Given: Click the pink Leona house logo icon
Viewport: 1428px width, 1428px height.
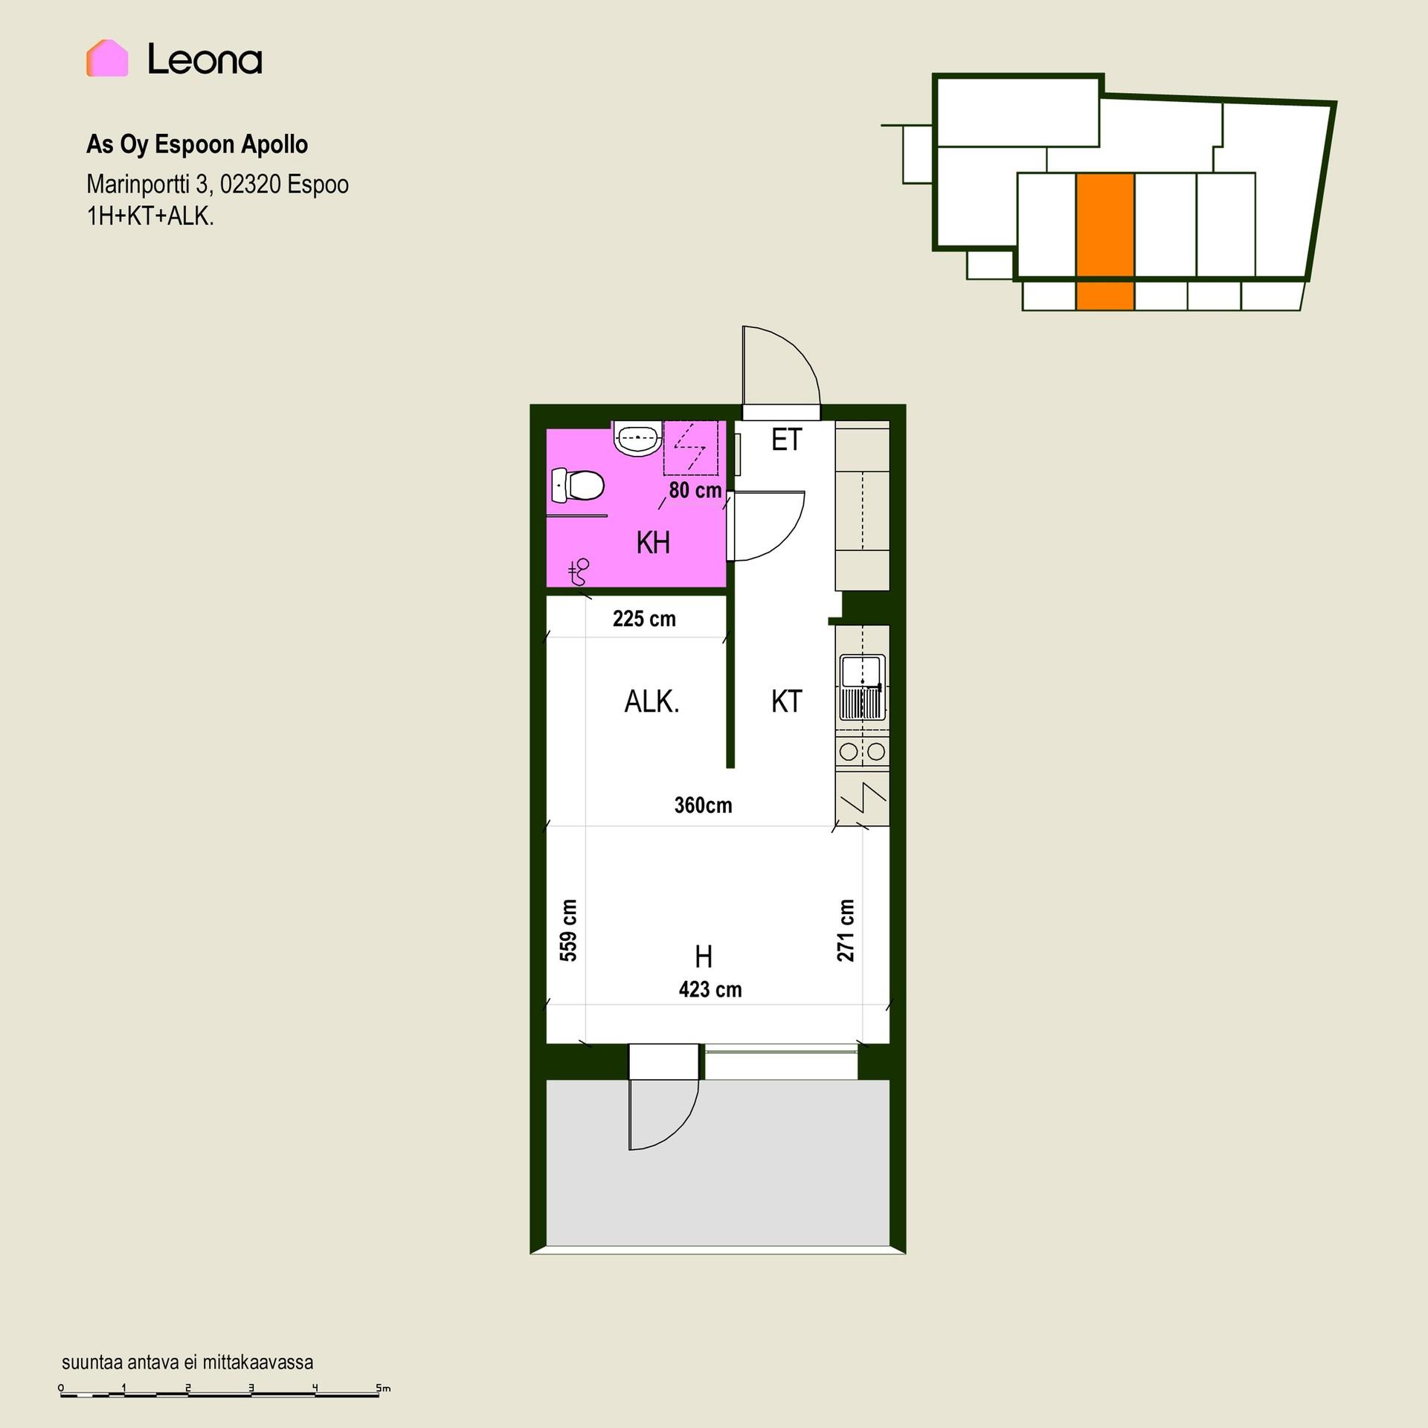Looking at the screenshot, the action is click(x=107, y=58).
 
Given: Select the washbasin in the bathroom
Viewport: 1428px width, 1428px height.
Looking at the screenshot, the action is click(x=637, y=438).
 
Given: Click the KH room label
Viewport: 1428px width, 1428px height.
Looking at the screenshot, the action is click(x=653, y=543).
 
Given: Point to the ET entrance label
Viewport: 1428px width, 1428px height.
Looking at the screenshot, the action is click(x=787, y=440).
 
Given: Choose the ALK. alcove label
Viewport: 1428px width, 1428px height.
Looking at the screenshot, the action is click(x=652, y=702).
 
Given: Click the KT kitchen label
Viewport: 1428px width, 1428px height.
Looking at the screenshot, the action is click(x=786, y=702).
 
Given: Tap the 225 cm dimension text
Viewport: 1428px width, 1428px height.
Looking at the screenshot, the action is click(x=644, y=619).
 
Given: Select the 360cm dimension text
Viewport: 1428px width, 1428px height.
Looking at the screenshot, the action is click(x=703, y=805).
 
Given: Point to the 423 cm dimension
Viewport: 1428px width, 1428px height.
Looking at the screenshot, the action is click(x=710, y=989).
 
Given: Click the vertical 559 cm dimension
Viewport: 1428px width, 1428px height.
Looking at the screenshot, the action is click(x=568, y=930).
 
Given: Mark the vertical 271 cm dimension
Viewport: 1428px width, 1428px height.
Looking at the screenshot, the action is click(x=846, y=930).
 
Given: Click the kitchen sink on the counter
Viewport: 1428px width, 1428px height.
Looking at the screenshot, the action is click(x=862, y=687).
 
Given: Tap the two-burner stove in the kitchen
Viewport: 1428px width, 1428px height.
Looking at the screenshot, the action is click(x=863, y=751).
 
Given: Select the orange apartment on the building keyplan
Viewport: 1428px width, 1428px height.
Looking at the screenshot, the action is click(x=1105, y=241).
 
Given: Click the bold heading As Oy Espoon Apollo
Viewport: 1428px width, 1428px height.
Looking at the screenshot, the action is click(x=197, y=144).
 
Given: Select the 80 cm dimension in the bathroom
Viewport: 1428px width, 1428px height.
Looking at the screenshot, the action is click(x=695, y=490).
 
